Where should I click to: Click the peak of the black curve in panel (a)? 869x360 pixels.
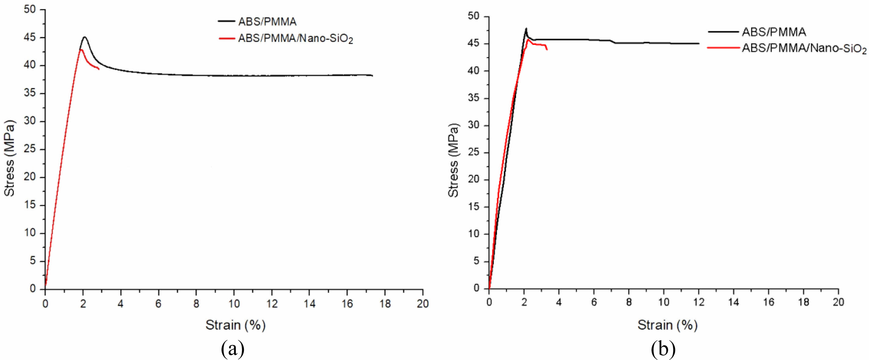(x=84, y=37)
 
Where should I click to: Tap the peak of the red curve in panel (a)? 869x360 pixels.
(x=81, y=50)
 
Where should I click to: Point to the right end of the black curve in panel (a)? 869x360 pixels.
(x=372, y=75)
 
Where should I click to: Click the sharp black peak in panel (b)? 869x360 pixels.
(x=526, y=28)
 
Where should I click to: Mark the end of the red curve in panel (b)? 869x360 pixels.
(x=547, y=50)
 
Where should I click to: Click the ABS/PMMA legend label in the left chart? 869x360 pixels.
(x=267, y=22)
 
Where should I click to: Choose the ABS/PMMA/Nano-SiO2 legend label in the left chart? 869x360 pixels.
(x=295, y=39)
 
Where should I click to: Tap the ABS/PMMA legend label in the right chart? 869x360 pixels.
(x=774, y=32)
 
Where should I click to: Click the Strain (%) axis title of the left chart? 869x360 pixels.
(x=236, y=325)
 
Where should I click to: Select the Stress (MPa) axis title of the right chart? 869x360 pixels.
(x=454, y=160)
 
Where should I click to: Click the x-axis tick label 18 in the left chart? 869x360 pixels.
(x=385, y=304)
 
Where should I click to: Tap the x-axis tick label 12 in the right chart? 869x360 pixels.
(x=698, y=302)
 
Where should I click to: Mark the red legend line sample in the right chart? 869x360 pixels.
(x=723, y=48)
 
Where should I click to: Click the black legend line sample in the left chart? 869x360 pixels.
(x=226, y=21)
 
